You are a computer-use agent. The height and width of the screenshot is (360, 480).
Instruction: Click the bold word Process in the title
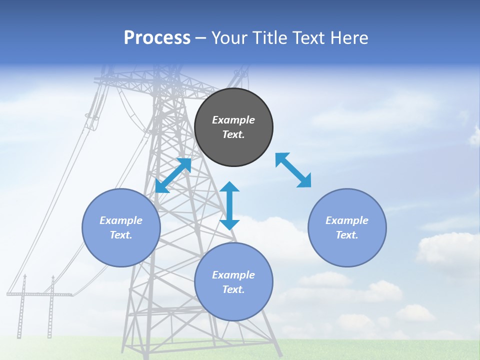pos(157,38)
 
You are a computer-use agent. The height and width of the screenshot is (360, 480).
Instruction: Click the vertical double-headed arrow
pos(229,206)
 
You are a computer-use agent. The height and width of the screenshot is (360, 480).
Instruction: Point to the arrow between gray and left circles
pos(173,175)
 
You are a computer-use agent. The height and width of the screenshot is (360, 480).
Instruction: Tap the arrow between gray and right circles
pos(293,170)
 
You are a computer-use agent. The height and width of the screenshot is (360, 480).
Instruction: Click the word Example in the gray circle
pos(233,120)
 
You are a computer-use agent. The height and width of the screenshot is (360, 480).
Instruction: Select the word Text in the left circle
pos(120,235)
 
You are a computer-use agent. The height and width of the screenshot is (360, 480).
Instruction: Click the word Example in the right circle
pos(347,220)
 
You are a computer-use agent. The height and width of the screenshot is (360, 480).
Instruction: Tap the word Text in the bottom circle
pos(233,289)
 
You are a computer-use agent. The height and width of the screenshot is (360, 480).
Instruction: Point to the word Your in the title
pos(229,38)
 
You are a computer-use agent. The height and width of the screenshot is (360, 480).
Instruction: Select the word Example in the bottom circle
pos(233,275)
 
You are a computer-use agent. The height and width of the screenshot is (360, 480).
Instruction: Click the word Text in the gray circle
pos(233,134)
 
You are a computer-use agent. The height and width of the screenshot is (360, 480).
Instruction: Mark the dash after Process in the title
pos(201,38)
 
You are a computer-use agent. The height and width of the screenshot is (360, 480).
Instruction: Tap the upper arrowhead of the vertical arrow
pos(229,187)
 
